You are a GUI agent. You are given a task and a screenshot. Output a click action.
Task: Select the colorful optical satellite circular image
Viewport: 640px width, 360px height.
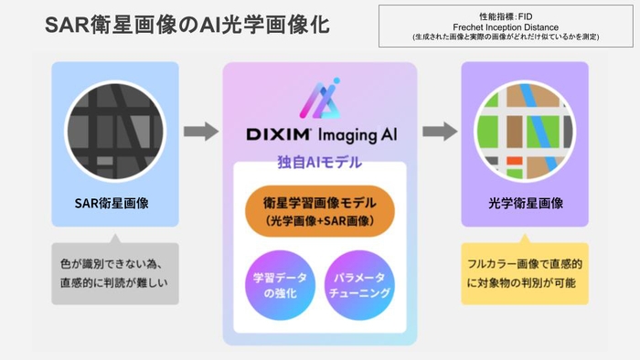click(524, 129)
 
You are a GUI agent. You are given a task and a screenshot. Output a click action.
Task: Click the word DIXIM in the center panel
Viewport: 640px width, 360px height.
click(280, 134)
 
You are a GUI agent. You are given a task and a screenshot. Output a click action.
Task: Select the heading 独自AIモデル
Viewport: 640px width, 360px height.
click(319, 162)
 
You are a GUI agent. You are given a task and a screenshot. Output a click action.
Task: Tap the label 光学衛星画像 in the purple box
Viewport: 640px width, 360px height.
click(524, 203)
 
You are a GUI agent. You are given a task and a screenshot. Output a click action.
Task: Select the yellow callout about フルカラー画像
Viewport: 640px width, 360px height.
click(524, 272)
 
